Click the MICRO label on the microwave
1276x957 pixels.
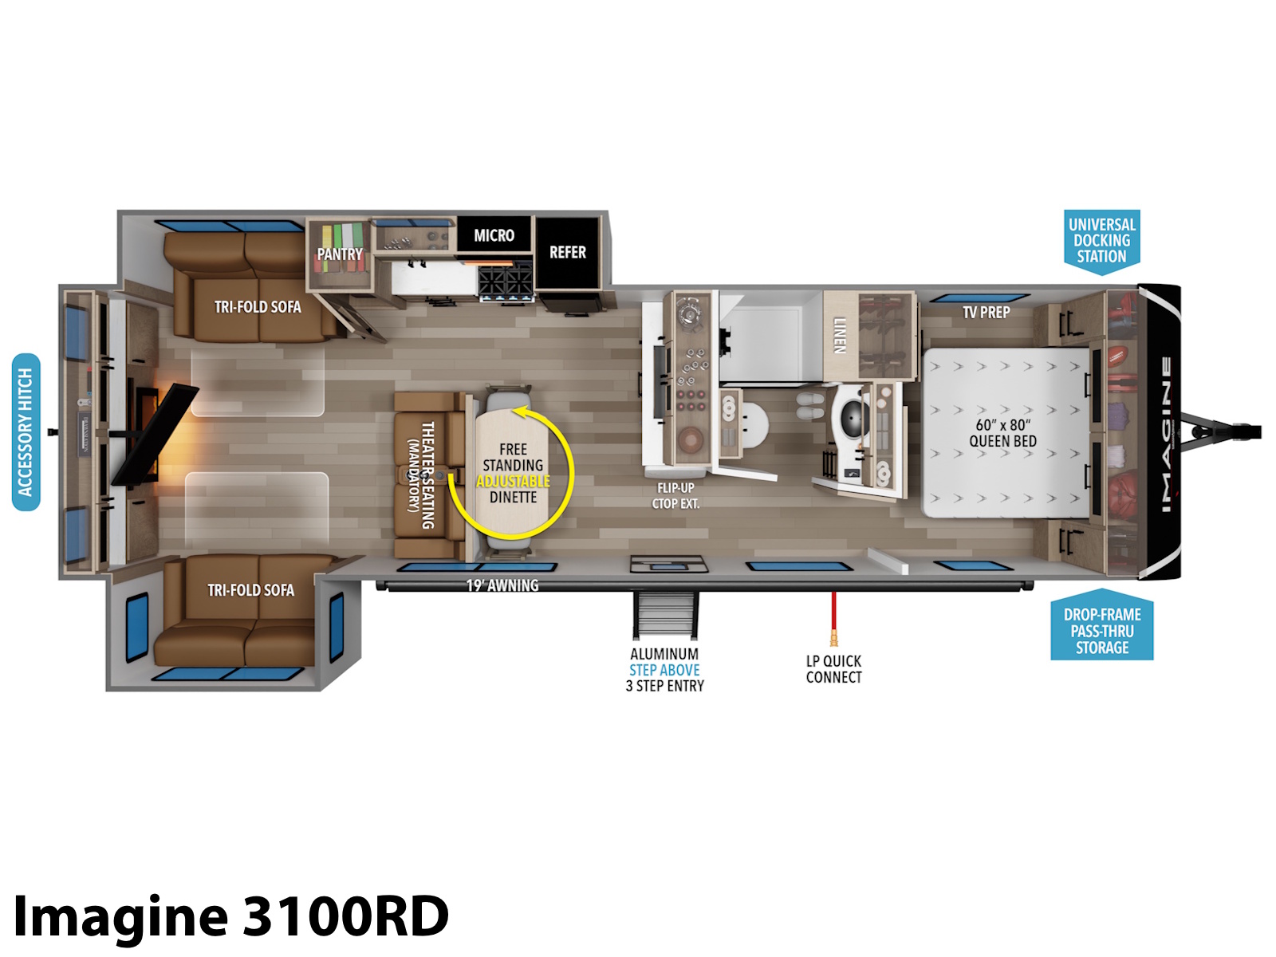(494, 235)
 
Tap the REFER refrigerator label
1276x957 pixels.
(567, 252)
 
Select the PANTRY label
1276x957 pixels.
(340, 254)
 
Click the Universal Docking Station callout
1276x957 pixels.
(1101, 241)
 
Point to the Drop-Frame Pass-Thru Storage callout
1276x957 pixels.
(1101, 626)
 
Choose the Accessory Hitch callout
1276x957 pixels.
(26, 432)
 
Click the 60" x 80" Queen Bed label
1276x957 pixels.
(1002, 433)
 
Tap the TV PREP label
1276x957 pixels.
(986, 313)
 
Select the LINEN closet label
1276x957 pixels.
(840, 335)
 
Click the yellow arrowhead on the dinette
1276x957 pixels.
(520, 413)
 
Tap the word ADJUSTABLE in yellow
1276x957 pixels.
(513, 481)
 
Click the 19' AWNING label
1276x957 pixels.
(502, 585)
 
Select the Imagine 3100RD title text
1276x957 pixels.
(230, 916)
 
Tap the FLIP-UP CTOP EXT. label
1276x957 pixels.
(675, 495)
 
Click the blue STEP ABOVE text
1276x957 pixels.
(664, 670)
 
